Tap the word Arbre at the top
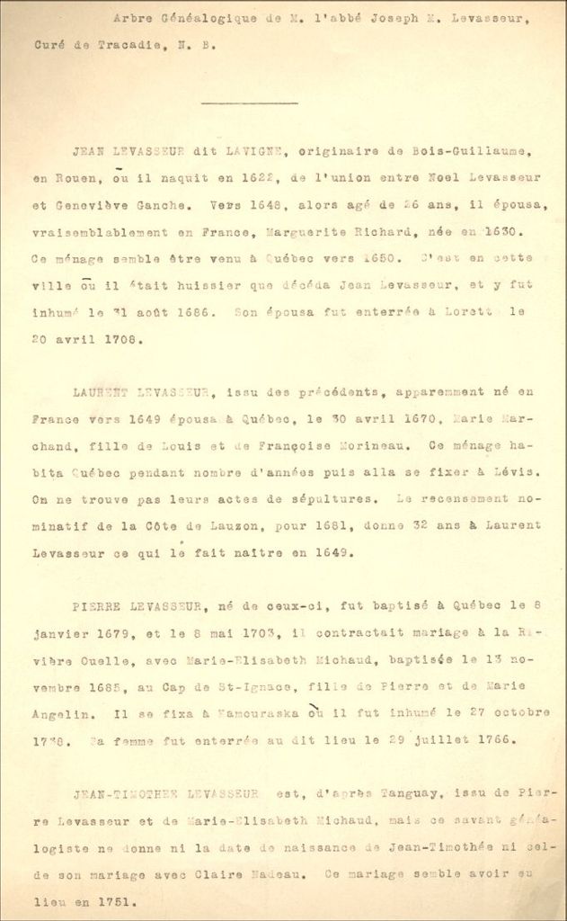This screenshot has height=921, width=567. coord(131,17)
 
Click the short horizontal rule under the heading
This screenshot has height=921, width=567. coord(249,103)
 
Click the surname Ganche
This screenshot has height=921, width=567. coord(154,205)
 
